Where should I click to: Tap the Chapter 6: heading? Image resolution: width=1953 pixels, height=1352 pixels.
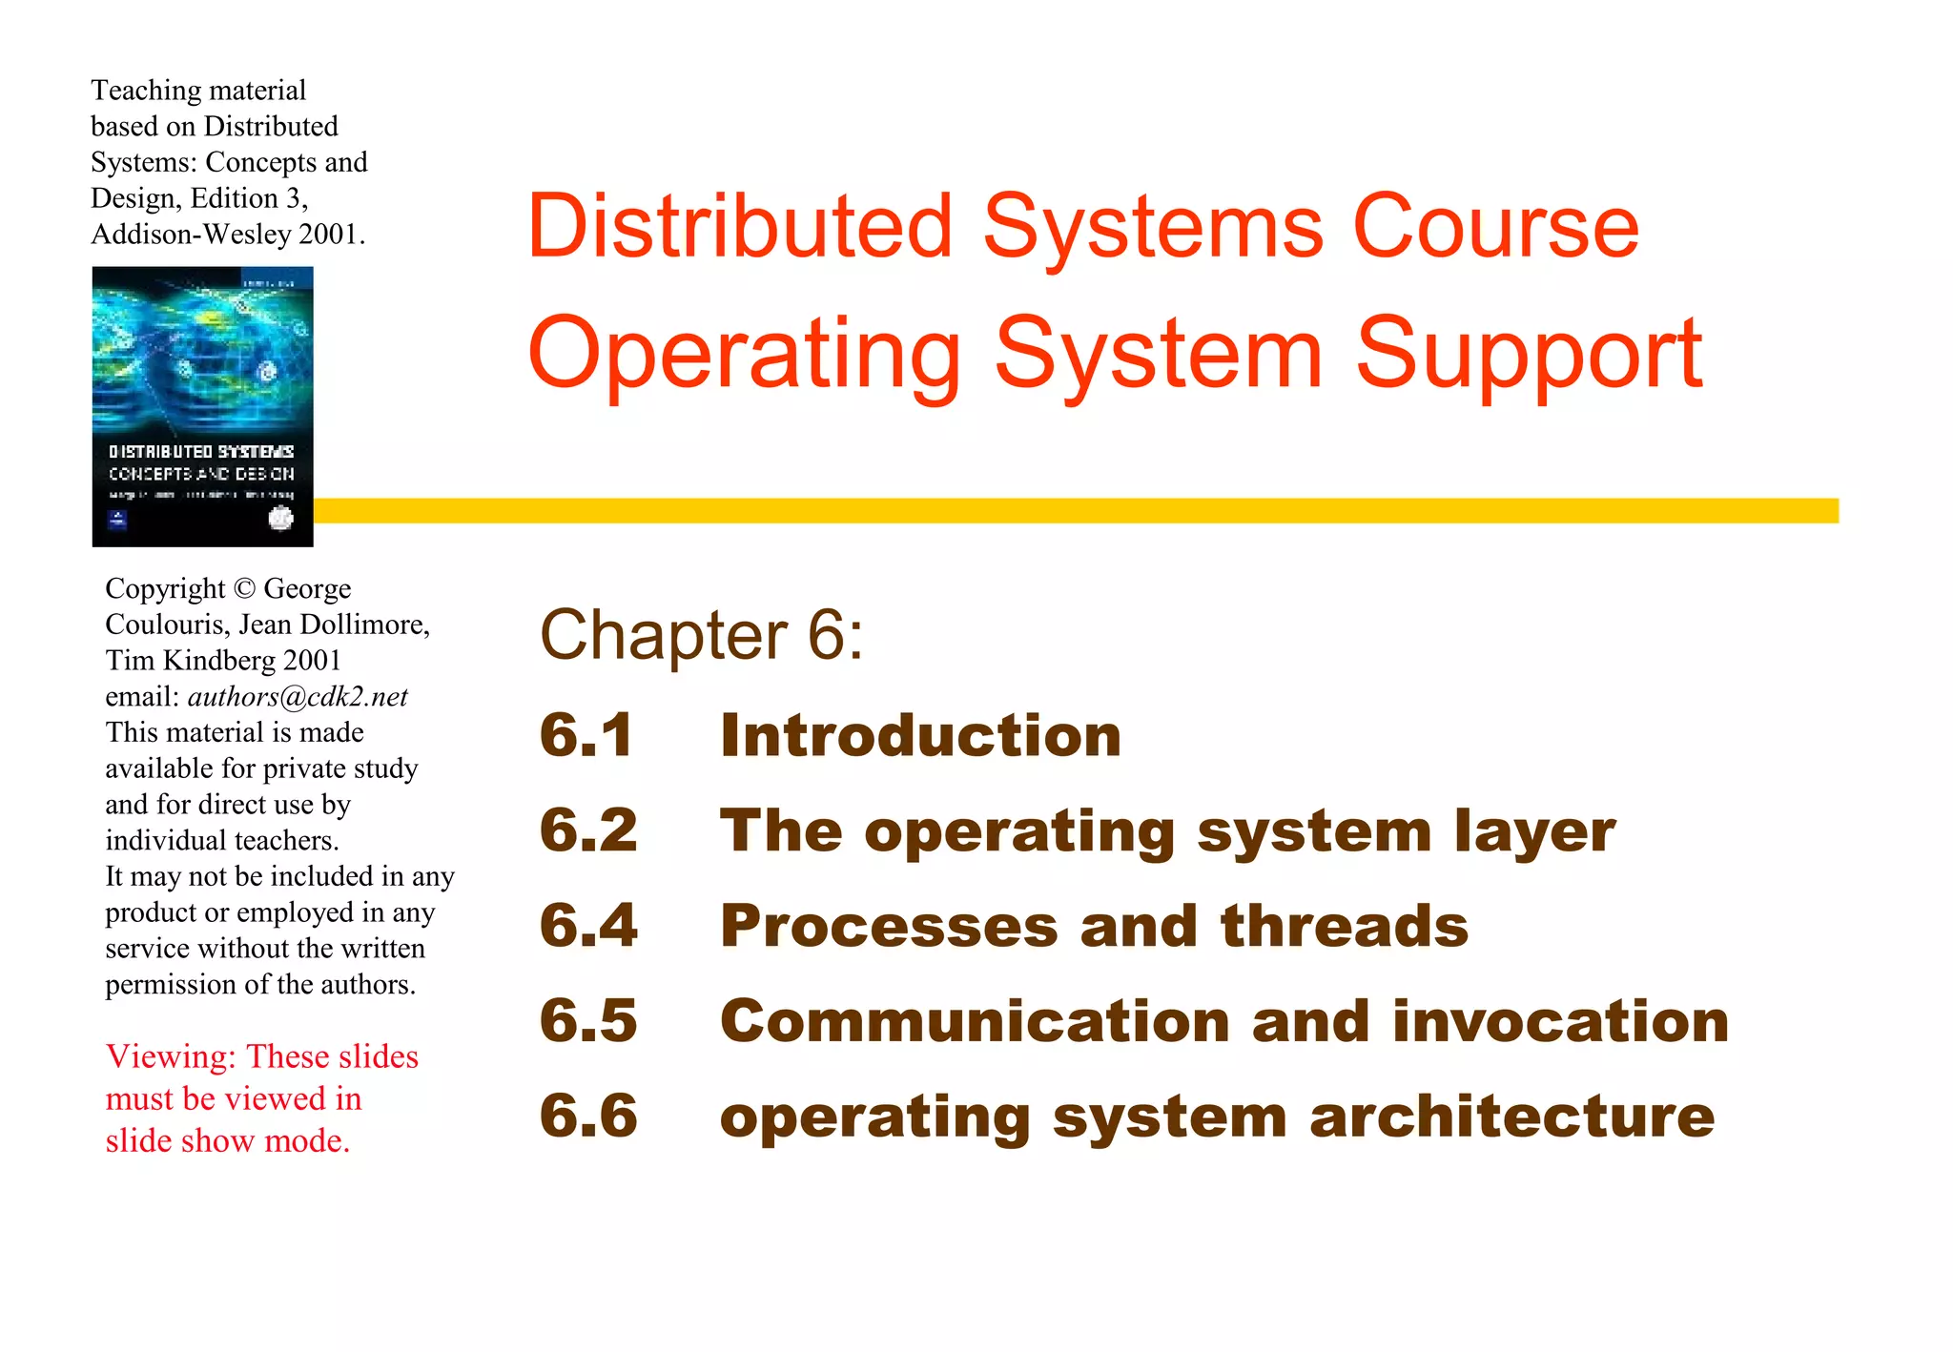coord(701,635)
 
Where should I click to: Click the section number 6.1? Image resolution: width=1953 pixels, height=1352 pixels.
coord(586,735)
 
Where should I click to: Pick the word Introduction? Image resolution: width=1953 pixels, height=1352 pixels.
coord(920,735)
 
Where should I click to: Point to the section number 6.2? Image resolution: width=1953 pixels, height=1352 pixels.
coord(588,830)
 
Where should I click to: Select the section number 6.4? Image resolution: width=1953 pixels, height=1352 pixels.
coord(588,926)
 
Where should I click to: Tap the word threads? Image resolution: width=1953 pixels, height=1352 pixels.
coord(1345,926)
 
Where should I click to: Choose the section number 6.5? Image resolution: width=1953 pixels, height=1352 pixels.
coord(588,1021)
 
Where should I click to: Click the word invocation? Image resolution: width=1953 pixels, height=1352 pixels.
coord(1560,1021)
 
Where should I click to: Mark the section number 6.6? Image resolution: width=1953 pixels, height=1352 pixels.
coord(588,1116)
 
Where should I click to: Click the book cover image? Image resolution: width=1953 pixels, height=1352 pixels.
coord(202,407)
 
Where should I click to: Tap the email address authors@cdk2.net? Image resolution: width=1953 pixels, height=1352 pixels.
coord(298,697)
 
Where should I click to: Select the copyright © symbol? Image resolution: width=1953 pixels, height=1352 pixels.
coord(244,588)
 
